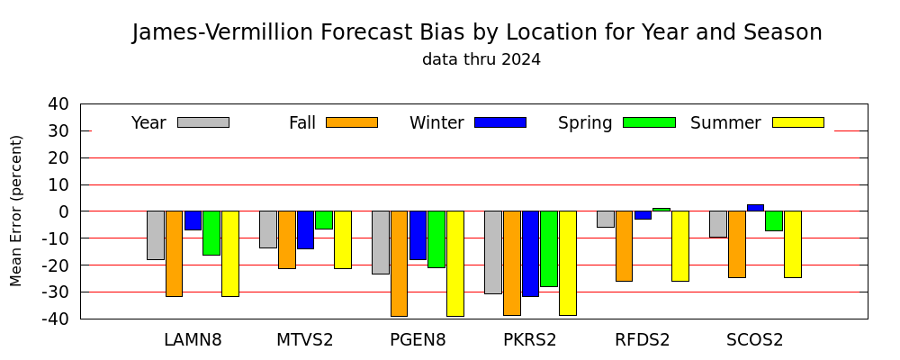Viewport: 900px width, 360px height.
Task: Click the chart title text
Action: point(477,32)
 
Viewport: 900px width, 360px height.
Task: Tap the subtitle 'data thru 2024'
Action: point(481,59)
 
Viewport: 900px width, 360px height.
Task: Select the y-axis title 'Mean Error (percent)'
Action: point(16,211)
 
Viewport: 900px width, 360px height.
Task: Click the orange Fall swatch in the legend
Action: point(352,122)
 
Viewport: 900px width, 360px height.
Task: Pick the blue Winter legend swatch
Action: point(500,122)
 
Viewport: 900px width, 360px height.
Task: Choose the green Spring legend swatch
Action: point(649,122)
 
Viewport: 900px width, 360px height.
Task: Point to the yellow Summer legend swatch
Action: point(798,122)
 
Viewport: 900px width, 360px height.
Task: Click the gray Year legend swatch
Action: point(203,122)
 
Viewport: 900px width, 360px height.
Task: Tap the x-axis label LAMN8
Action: point(193,340)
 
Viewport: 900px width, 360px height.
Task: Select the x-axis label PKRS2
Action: point(530,340)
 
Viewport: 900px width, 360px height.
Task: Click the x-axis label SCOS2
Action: point(755,340)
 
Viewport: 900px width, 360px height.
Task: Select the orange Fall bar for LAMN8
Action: point(174,254)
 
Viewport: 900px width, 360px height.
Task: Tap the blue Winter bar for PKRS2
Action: point(530,254)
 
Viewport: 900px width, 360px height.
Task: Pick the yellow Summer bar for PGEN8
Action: point(455,264)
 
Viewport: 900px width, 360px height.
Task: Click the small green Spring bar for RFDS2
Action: point(661,210)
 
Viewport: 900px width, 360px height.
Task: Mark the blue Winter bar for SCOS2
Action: point(755,208)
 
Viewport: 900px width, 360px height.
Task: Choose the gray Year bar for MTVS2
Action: point(268,229)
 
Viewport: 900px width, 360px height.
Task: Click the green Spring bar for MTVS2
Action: point(324,220)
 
